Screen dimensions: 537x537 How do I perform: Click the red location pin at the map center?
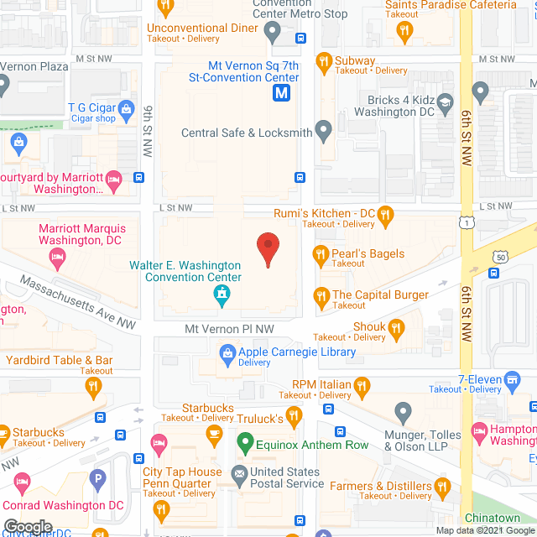pos(268,248)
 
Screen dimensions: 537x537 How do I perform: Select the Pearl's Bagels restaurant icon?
pos(321,253)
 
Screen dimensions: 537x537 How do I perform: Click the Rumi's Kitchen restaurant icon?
pos(385,214)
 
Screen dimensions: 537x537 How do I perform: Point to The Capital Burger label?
pos(380,295)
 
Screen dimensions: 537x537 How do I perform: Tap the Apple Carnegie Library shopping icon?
pos(227,353)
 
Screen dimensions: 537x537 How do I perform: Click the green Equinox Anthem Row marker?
pos(245,441)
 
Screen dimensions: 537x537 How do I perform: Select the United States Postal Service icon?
pos(239,472)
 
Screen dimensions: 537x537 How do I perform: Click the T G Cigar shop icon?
pos(126,107)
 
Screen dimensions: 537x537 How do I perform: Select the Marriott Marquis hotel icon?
pos(57,260)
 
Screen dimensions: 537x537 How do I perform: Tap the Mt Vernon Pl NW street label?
pos(229,330)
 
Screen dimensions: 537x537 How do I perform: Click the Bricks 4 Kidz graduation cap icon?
pos(481,90)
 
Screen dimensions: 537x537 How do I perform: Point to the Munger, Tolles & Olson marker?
pos(404,412)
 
